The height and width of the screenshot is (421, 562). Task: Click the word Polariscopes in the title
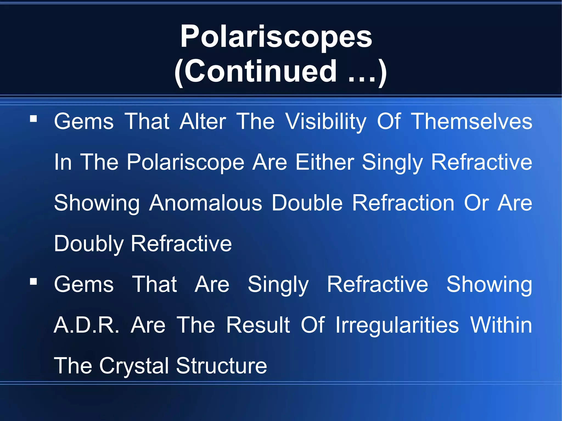click(x=276, y=37)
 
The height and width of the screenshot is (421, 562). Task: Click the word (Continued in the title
click(x=255, y=72)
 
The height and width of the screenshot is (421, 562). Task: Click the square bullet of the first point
click(x=33, y=118)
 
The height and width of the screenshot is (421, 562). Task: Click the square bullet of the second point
click(x=33, y=281)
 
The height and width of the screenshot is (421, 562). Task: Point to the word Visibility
click(x=326, y=122)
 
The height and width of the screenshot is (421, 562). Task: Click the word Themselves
click(x=471, y=122)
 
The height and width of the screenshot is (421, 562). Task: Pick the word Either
click(x=325, y=162)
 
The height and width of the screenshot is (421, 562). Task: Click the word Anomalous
click(x=206, y=203)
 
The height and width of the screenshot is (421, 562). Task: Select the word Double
click(x=307, y=203)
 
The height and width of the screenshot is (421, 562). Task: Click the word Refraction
click(x=403, y=203)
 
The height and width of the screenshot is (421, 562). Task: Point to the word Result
click(x=258, y=325)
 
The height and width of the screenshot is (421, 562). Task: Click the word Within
click(x=501, y=325)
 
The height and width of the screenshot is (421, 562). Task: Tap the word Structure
click(x=221, y=366)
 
